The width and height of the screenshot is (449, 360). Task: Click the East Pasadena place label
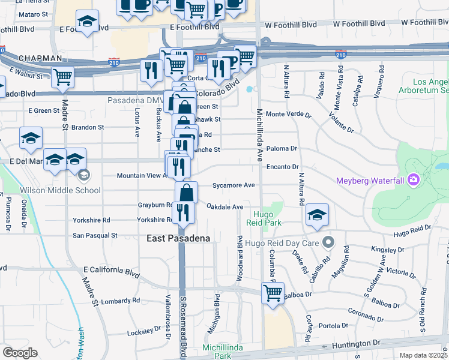coord(179,238)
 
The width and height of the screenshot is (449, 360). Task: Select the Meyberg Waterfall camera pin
coord(413,180)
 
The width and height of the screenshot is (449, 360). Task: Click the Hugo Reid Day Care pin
coord(328,242)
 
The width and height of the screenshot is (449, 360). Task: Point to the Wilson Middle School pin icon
coord(84,175)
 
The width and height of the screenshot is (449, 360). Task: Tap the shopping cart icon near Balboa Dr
coord(273,293)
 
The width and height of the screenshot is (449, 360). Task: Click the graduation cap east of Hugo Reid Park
coord(316,214)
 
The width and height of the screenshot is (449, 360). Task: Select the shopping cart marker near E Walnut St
coord(62,77)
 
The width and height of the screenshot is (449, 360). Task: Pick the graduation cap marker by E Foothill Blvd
coord(87,21)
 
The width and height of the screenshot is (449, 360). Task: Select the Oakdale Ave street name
coord(224,207)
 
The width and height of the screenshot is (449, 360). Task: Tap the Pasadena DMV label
coord(134,100)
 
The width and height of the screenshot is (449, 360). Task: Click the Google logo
coord(20,353)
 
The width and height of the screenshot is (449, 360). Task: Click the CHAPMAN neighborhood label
coord(40,58)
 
